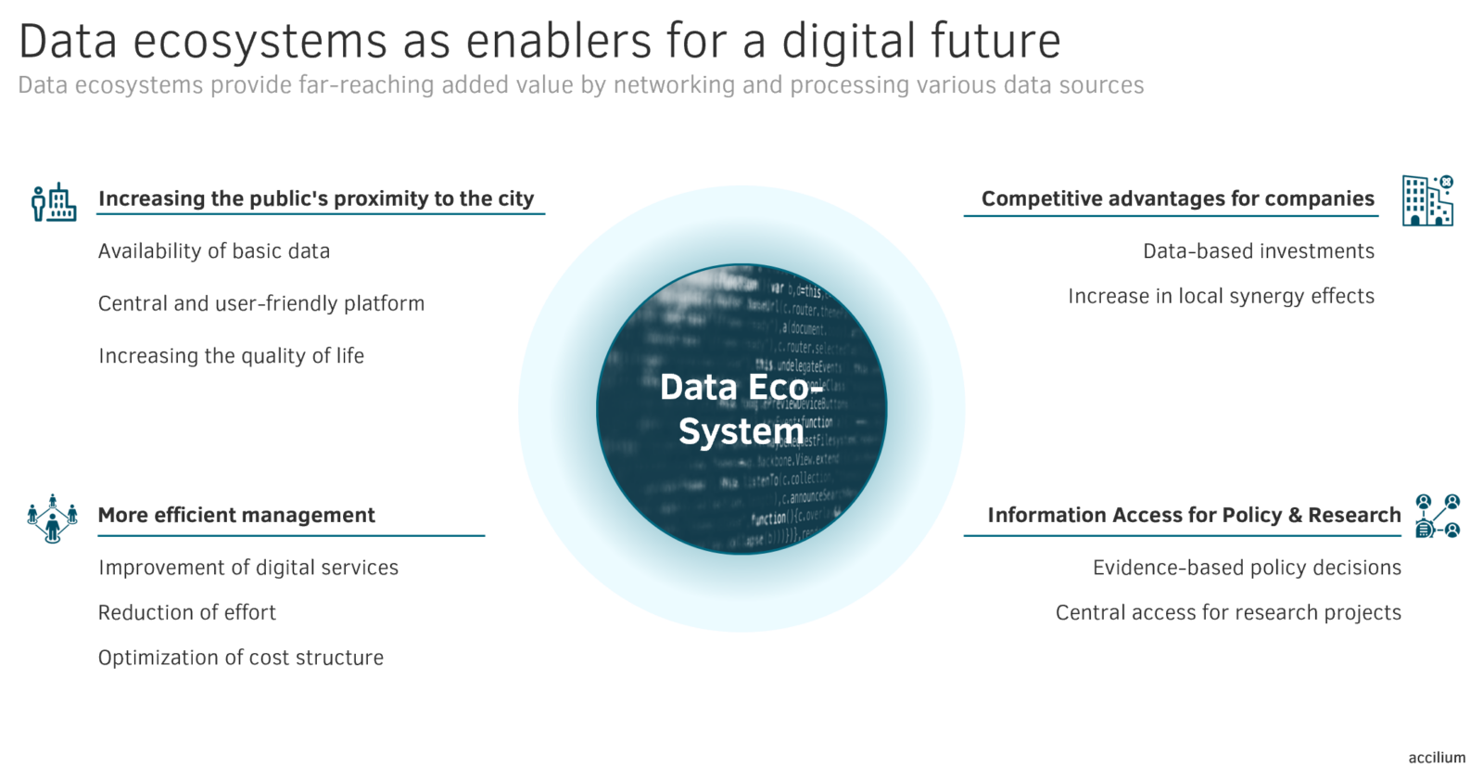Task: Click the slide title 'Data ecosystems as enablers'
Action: (539, 42)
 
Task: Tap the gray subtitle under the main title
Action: (580, 85)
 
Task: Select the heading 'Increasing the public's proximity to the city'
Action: (316, 198)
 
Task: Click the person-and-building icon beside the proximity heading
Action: (54, 201)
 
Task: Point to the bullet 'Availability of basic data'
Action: (214, 251)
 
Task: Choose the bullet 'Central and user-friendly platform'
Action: (261, 303)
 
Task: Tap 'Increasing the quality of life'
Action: (231, 356)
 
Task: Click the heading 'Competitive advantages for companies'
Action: (1177, 198)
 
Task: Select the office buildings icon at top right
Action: (1427, 200)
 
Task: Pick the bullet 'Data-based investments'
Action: (1258, 251)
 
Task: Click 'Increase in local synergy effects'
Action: (1221, 296)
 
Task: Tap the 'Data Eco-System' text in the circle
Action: (741, 409)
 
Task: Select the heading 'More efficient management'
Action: (236, 515)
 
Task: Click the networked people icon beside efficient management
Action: (53, 518)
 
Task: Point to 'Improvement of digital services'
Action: (248, 568)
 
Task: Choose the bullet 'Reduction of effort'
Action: (187, 613)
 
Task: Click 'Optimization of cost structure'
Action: (241, 658)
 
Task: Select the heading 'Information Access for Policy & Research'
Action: (1194, 515)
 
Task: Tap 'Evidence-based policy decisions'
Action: (1247, 568)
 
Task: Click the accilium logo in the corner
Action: (1437, 758)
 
